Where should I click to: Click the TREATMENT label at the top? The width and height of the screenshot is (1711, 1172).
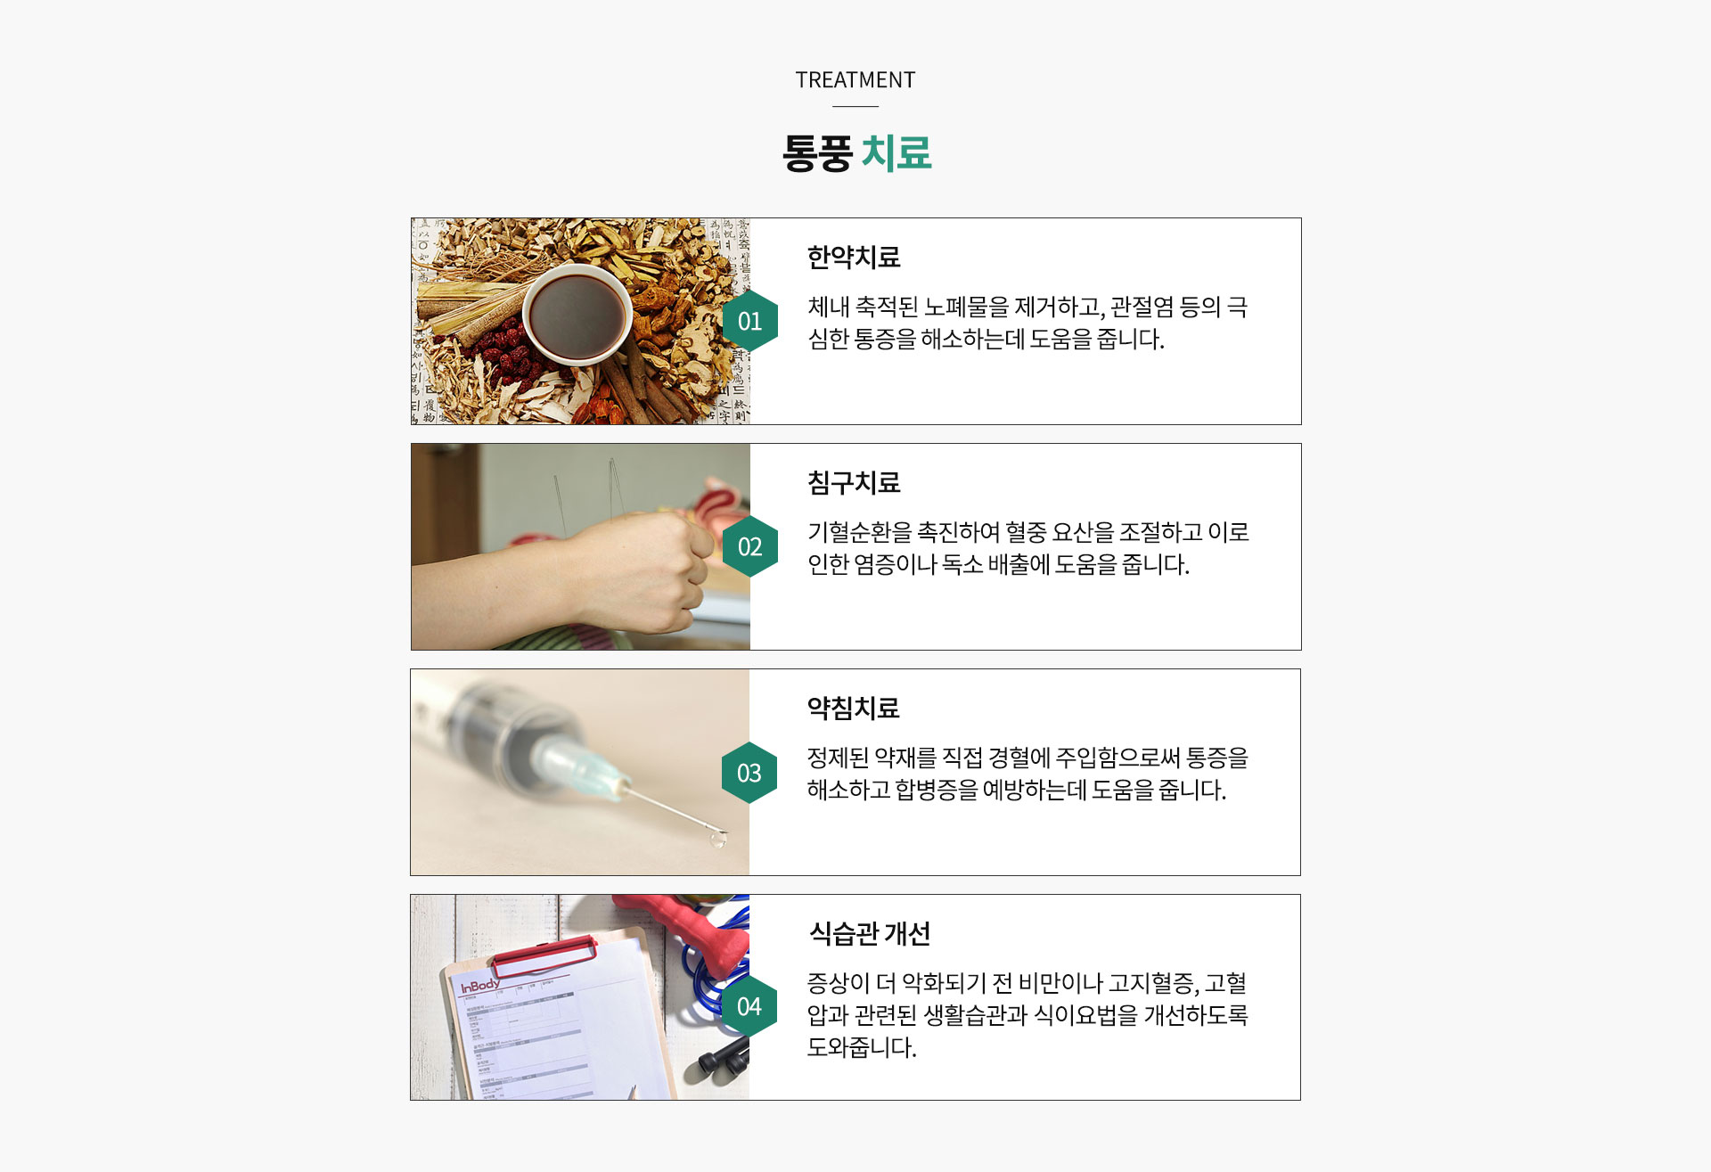pos(855,80)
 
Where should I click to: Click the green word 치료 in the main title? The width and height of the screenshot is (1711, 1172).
pos(896,153)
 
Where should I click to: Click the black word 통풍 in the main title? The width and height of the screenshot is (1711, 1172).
pos(817,153)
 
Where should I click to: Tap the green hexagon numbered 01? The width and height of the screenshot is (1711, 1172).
pos(749,321)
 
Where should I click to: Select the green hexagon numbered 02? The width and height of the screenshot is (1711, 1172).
pos(749,546)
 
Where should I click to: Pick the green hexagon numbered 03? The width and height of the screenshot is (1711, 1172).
pos(749,773)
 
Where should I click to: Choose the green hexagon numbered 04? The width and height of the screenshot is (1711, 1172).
pos(749,1006)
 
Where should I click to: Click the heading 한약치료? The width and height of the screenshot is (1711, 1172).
pos(853,258)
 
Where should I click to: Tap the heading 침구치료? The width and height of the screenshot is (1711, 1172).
pos(853,483)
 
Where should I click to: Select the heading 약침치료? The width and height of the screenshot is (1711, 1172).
pos(853,709)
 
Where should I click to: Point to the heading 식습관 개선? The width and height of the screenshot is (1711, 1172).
pos(869,934)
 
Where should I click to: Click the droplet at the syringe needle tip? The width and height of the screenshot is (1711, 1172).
pos(716,839)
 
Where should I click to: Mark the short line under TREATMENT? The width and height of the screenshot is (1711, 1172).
pos(855,107)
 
